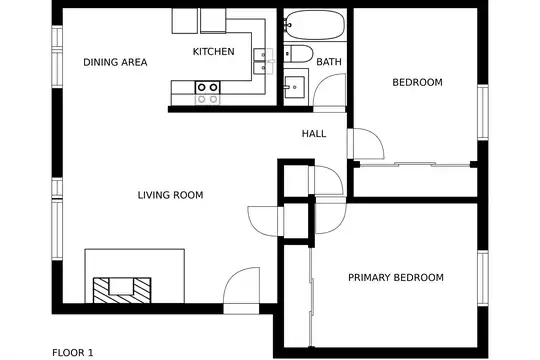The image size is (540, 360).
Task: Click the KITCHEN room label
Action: [x=214, y=52]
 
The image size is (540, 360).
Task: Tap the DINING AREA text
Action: [x=115, y=62]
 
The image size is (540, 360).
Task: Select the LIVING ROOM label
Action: [x=170, y=195]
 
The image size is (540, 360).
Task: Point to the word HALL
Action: [x=314, y=134]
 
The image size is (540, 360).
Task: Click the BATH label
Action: [x=329, y=62]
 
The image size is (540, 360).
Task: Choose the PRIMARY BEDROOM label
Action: [x=396, y=278]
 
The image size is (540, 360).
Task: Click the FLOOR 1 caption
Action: [x=73, y=353]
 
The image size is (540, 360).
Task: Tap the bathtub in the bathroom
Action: [x=315, y=25]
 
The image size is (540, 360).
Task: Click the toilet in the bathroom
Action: [x=298, y=54]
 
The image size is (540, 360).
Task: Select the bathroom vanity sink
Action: [x=295, y=87]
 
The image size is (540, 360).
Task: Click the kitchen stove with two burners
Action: [x=208, y=88]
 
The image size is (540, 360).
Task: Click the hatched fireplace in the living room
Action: [x=122, y=290]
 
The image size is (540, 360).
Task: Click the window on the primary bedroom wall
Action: [x=483, y=278]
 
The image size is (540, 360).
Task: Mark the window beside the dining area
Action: [x=57, y=57]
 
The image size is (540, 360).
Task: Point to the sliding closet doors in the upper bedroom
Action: [x=415, y=164]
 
